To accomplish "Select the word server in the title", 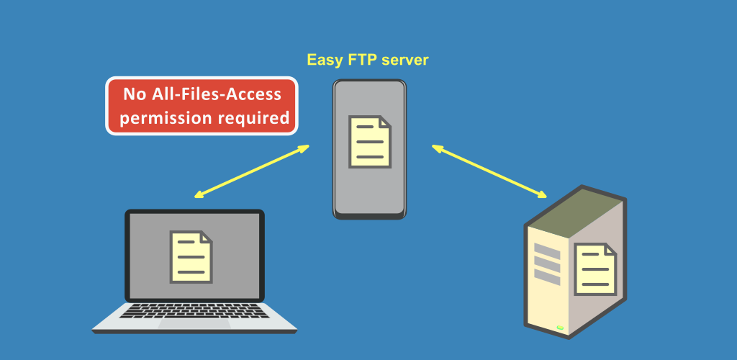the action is click(404, 60).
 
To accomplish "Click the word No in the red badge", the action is click(135, 94).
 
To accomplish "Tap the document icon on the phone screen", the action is click(370, 141).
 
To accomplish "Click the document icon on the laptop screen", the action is click(191, 256).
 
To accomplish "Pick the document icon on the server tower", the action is click(595, 269).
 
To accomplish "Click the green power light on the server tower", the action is click(560, 327).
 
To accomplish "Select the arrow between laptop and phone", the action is click(252, 171).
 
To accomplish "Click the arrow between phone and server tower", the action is click(489, 171).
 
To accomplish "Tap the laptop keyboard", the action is click(194, 310).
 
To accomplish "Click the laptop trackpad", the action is click(194, 324).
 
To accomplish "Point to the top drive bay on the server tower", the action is click(547, 251).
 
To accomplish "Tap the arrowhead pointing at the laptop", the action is click(199, 194).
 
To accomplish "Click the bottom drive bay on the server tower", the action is click(547, 277).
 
